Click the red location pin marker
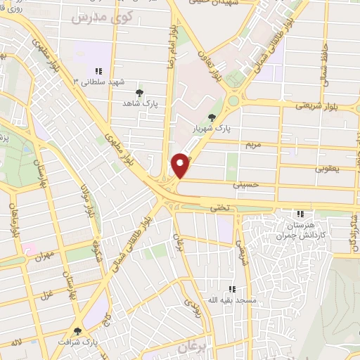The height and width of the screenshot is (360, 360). pyautogui.click(x=181, y=165)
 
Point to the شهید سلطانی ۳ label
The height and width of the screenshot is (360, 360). pyautogui.click(x=99, y=82)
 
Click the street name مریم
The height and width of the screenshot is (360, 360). pyautogui.click(x=253, y=146)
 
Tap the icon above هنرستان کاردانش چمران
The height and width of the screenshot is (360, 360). pyautogui.click(x=301, y=214)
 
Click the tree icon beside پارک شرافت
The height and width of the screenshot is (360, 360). pyautogui.click(x=77, y=331)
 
